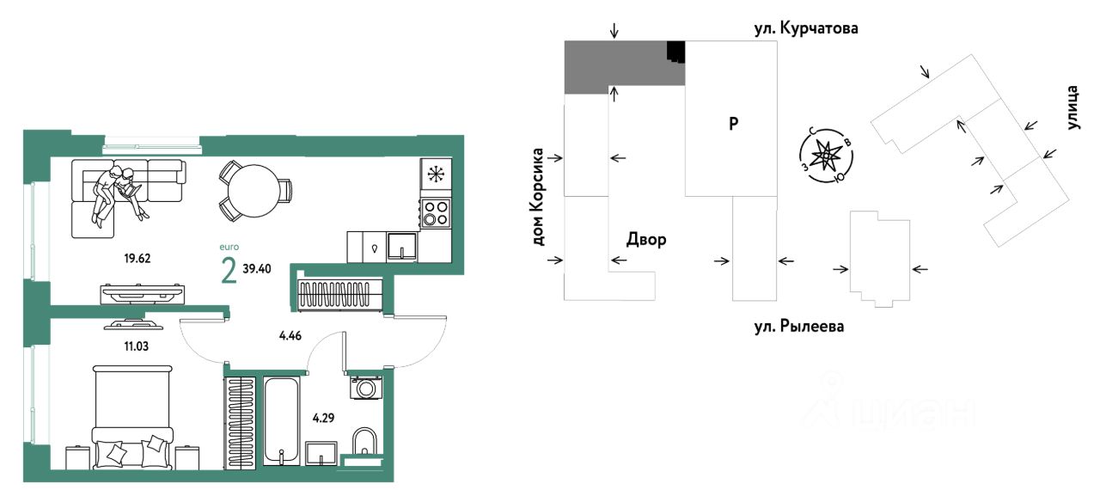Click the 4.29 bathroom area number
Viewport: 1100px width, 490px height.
324,419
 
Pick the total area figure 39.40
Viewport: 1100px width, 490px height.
258,268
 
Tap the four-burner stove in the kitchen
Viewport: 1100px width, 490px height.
436,212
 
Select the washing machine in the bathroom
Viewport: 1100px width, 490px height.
367,388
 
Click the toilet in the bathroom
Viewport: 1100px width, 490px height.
364,443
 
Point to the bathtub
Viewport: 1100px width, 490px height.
280,420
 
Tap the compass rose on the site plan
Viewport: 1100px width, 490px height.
827,156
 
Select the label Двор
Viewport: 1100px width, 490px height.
645,240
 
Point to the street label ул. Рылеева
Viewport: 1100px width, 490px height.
795,327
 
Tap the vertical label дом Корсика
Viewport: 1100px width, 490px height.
539,197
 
